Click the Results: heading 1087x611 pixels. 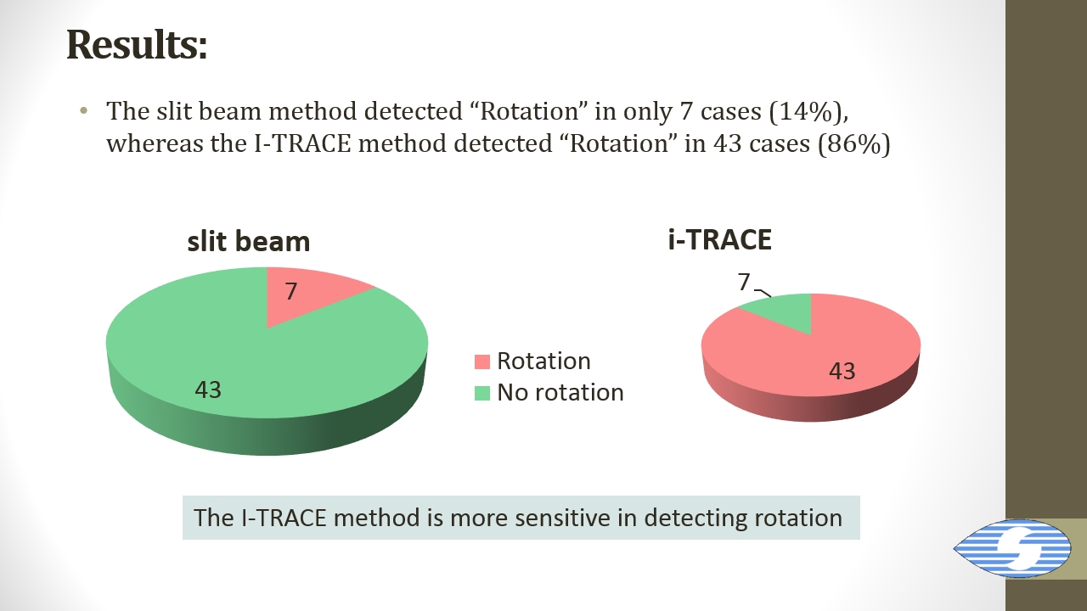pos(137,45)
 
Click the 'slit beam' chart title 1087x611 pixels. pos(249,241)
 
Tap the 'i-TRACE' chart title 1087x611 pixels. pos(719,239)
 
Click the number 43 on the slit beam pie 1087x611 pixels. pos(208,390)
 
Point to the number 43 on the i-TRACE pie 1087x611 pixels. pos(842,372)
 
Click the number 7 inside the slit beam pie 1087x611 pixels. pos(290,291)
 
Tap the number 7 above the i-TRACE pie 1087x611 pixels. pos(744,282)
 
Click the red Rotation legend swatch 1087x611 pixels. pos(482,362)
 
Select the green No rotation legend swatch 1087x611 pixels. pos(482,393)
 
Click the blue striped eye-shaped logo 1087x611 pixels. pos(1011,548)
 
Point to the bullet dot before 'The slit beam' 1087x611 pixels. pos(83,110)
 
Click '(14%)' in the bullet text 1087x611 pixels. pos(808,111)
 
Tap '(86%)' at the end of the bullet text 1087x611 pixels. pos(854,144)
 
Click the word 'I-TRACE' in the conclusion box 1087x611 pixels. pos(284,518)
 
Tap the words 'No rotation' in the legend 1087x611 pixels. pos(560,392)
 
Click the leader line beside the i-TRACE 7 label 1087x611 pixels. pos(763,293)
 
